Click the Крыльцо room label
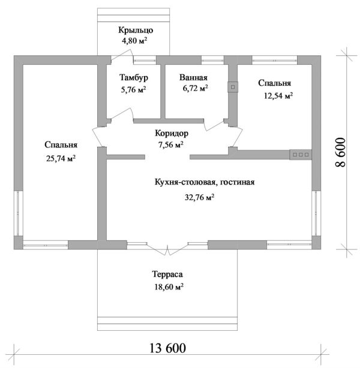tap(135, 30)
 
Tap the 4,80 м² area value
tap(135, 41)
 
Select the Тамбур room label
tap(133, 78)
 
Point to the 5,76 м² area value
tap(133, 90)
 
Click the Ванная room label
tap(193, 77)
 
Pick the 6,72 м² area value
tap(195, 88)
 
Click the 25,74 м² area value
tap(60, 158)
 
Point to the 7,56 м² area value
tap(171, 144)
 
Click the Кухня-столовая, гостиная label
tap(205, 182)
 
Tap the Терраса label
tap(167, 274)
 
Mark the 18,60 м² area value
tap(167, 286)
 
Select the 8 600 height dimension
tap(341, 151)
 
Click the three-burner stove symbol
tap(299, 155)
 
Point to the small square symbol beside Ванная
tap(231, 86)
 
